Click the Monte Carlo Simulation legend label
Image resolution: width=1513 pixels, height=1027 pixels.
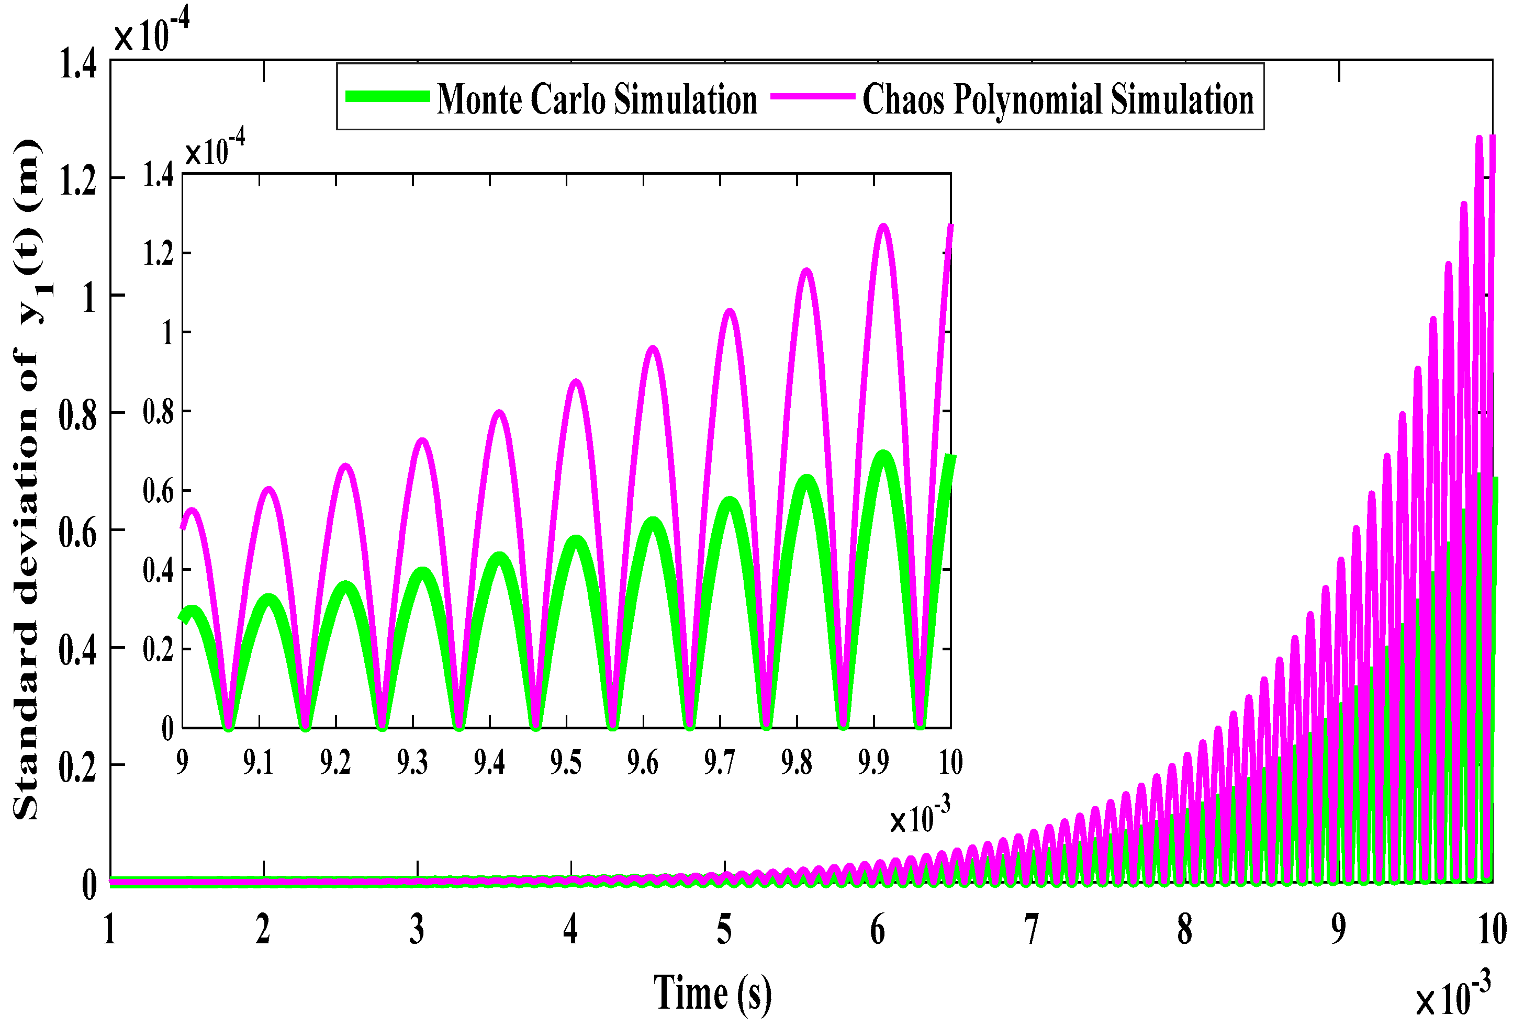click(597, 99)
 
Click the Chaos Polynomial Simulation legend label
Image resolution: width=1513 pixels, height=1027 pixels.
click(1058, 99)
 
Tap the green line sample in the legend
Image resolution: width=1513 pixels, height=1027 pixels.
click(387, 96)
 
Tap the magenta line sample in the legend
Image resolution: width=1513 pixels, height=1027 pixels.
click(812, 96)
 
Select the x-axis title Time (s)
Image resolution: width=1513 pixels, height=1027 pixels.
click(712, 994)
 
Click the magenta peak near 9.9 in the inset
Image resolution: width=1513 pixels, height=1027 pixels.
click(883, 226)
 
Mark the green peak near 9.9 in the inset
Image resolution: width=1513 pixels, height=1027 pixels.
click(883, 454)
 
